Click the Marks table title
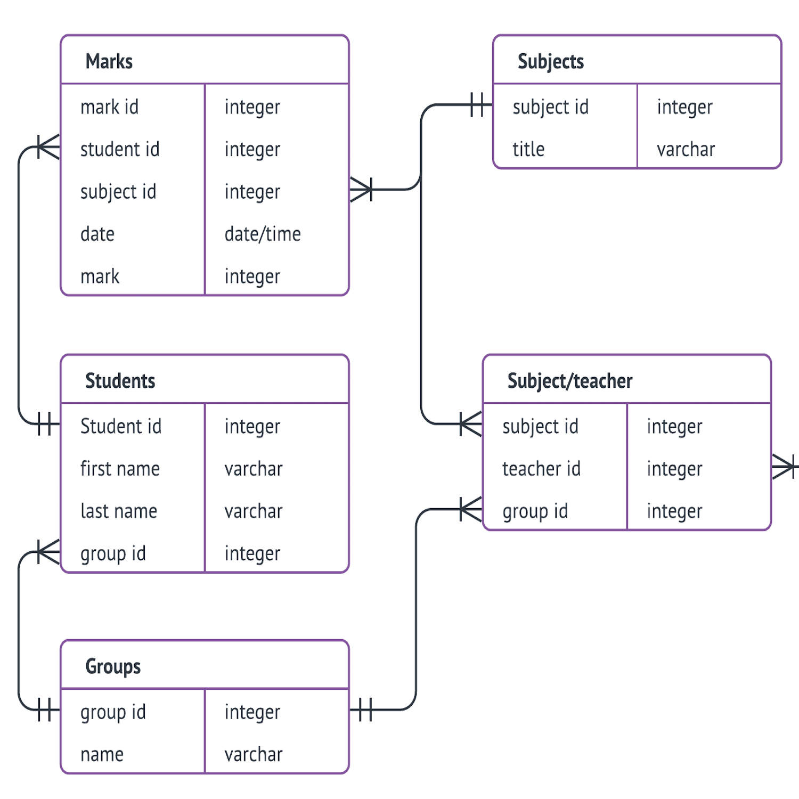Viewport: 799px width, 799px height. tap(109, 61)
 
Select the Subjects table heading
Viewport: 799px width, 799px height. tap(551, 62)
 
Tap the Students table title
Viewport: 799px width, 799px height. tap(120, 381)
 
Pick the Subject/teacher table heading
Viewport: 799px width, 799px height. tap(570, 381)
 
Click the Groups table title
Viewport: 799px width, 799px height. tap(113, 667)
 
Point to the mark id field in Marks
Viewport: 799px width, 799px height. tap(109, 107)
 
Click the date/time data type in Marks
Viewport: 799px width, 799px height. tap(263, 234)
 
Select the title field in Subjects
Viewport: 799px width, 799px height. tap(528, 149)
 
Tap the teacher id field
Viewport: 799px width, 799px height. tap(541, 469)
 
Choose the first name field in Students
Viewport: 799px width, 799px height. tap(120, 469)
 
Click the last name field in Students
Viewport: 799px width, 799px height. tap(119, 511)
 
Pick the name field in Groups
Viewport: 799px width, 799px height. tap(102, 754)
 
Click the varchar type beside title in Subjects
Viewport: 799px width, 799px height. tap(686, 149)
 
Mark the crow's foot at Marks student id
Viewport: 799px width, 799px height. tap(48, 147)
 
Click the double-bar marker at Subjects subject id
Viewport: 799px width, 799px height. tap(477, 104)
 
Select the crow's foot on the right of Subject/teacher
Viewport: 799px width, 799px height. tap(784, 467)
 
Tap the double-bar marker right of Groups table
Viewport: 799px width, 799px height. tap(365, 710)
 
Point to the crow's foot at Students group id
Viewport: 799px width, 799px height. tap(48, 552)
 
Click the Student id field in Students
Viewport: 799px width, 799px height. tap(121, 426)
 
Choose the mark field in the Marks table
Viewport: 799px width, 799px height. tap(100, 276)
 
